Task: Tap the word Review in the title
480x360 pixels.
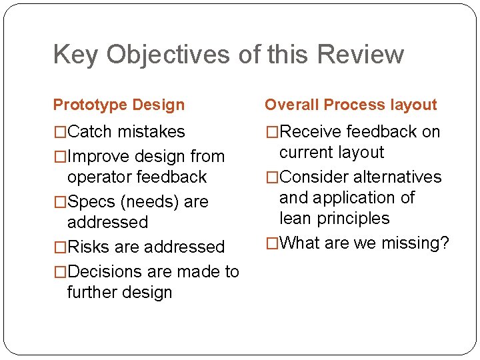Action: click(x=361, y=55)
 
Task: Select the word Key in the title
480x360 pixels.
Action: click(x=75, y=55)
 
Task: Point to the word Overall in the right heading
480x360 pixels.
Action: click(x=291, y=105)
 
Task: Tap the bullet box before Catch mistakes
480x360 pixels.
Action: click(x=60, y=132)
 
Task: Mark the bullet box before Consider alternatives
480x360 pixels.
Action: click(x=272, y=177)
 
